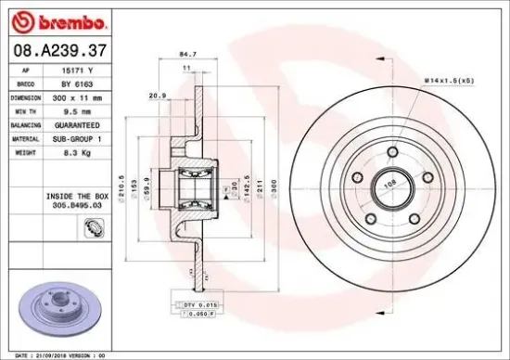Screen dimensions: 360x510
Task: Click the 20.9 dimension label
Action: (157, 96)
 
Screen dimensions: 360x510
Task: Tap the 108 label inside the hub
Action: (390, 183)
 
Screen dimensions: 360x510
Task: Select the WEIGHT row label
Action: (27, 149)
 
